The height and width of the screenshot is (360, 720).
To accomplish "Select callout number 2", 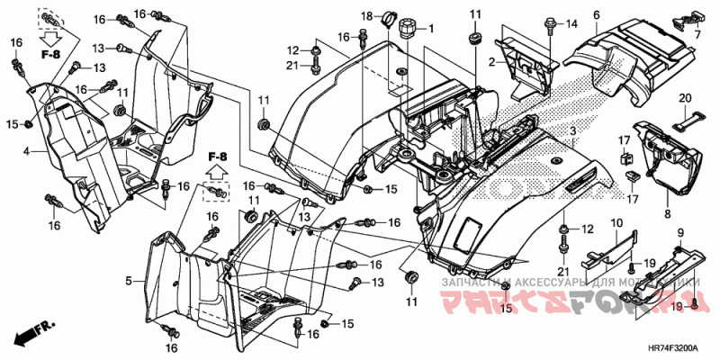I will click(492, 62).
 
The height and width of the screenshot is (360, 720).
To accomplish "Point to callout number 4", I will click(28, 151).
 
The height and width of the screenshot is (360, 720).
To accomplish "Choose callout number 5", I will click(129, 282).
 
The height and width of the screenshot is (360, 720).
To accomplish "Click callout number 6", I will click(596, 14).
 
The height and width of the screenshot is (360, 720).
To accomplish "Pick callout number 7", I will click(696, 33).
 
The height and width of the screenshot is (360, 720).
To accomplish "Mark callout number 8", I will click(667, 213).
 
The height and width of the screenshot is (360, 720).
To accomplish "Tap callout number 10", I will click(616, 222).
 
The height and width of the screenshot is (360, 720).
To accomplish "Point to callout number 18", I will click(367, 17).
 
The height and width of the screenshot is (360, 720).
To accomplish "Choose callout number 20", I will click(684, 97).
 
